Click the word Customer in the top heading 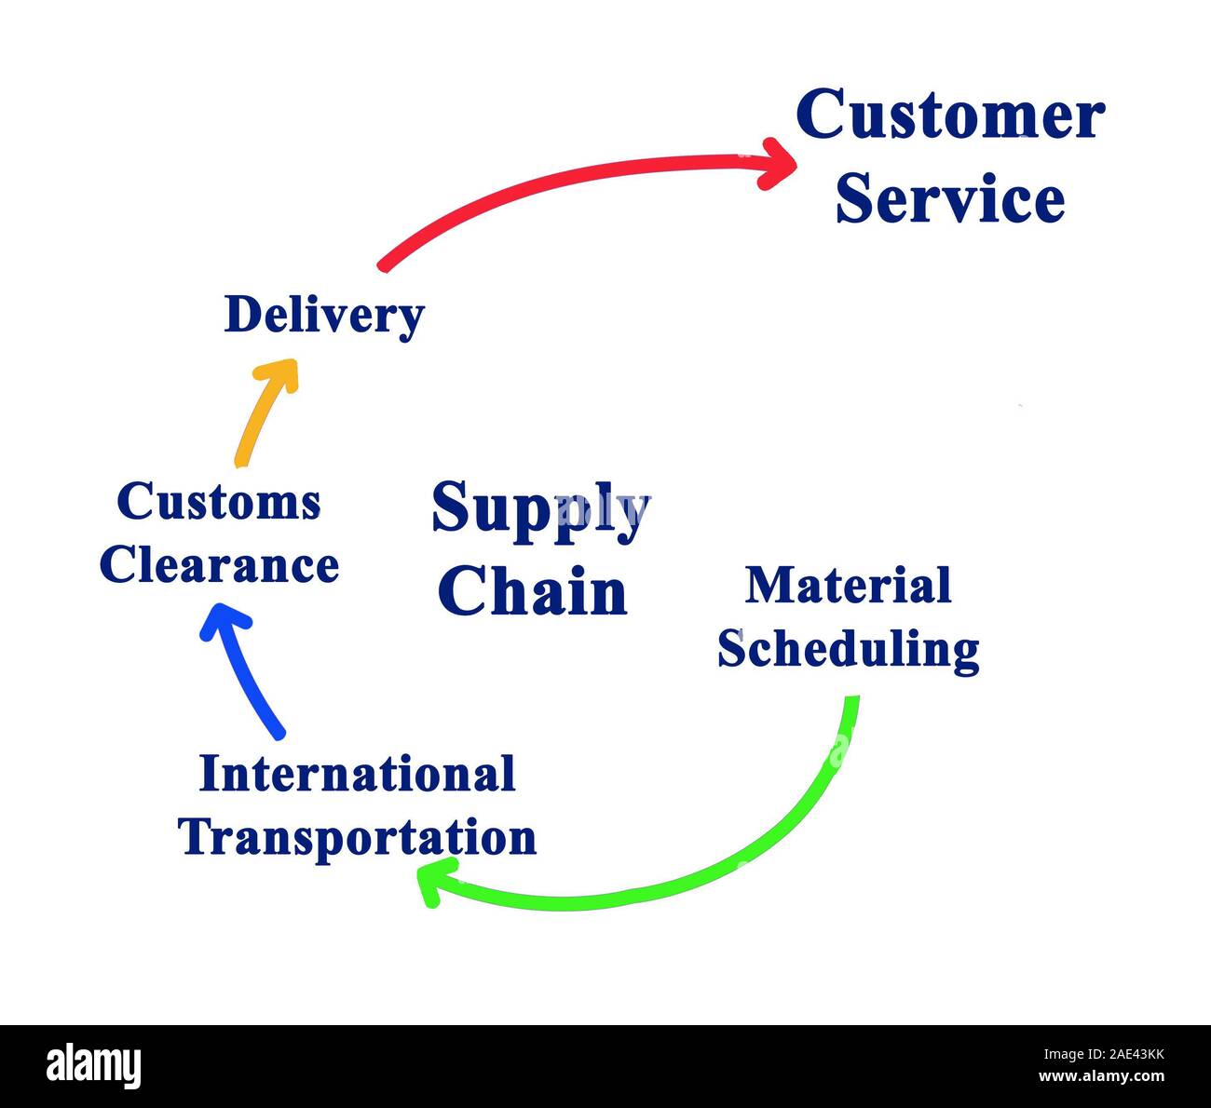pos(950,115)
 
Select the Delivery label pos(324,316)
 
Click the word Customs pos(219,502)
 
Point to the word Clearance pos(219,565)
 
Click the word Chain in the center pos(533,591)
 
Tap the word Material pos(849,586)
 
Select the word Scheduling pos(849,649)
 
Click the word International pos(358,774)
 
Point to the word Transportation pos(358,836)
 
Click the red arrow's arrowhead pos(779,164)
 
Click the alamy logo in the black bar pos(94,1066)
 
